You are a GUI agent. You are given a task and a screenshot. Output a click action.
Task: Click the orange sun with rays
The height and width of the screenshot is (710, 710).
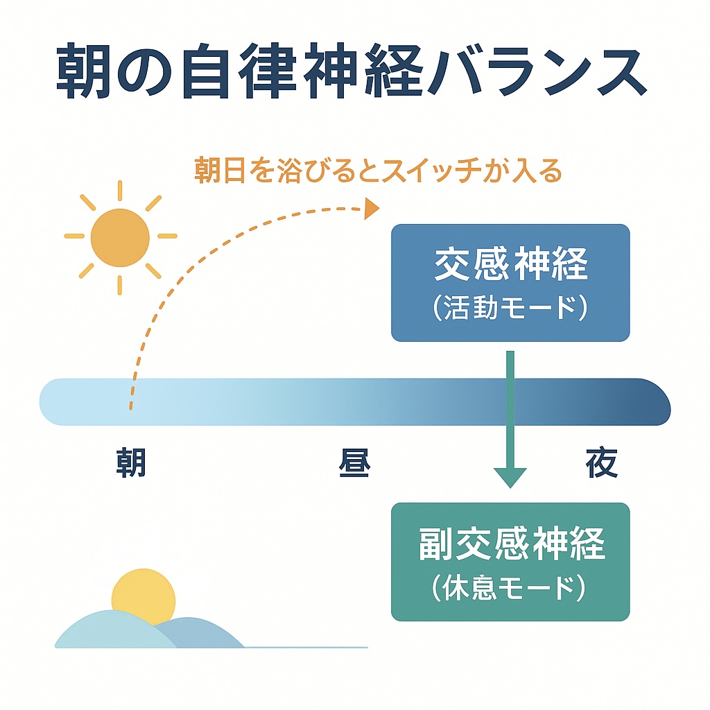coord(120,237)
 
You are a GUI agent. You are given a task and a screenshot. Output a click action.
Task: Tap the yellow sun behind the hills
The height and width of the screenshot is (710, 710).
coord(143,594)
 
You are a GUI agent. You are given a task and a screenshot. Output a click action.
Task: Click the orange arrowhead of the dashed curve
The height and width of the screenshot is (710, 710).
coord(372,209)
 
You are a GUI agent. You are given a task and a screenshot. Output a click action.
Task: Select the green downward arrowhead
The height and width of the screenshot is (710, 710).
coord(510,477)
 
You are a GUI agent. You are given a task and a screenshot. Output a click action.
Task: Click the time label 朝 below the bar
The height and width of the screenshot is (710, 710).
coord(131,462)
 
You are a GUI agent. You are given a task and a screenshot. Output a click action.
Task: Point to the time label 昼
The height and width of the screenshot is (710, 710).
coord(354,462)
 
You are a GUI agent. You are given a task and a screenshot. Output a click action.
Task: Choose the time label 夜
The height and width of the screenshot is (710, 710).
coord(602,462)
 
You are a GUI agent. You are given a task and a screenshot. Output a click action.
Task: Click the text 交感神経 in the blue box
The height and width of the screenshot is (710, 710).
coord(511,263)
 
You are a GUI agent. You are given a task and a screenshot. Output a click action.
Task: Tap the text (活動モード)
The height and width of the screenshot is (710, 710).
coord(510,308)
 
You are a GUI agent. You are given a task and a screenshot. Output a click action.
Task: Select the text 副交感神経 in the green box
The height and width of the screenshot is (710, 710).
coord(512,544)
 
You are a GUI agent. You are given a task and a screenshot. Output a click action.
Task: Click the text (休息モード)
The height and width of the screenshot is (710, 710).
coord(510,587)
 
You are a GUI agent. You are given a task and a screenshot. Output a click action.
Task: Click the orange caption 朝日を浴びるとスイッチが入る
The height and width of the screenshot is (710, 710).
coord(378,171)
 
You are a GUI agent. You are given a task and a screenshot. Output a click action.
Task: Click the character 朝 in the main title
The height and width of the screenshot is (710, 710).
coord(84,71)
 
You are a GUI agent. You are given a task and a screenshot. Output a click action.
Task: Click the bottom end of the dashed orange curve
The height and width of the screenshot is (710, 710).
coord(131,408)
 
